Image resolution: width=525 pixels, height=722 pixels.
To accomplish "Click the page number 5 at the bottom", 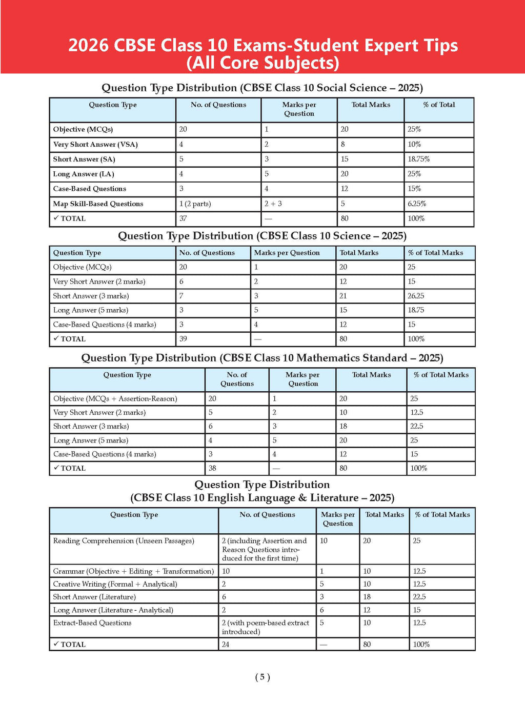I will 262,677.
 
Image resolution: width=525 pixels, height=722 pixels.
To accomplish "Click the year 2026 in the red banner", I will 88,46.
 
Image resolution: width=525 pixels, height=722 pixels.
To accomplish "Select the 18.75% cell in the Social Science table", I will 418,159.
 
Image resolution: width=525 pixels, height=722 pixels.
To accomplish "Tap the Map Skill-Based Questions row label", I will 98,204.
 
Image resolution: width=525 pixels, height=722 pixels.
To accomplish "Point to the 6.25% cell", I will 417,204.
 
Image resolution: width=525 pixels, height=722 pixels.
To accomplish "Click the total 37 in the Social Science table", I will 183,218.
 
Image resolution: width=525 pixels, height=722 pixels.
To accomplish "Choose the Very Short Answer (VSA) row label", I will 95,145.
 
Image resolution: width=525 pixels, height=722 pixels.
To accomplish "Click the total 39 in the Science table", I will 183,339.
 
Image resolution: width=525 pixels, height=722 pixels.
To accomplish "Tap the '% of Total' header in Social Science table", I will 439,105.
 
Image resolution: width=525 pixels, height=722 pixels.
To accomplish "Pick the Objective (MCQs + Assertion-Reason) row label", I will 115,399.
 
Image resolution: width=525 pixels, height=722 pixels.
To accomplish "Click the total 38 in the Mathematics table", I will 212,468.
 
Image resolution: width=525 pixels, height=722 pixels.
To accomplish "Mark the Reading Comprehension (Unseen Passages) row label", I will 124,541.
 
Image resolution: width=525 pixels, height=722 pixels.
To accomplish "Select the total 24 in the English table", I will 226,645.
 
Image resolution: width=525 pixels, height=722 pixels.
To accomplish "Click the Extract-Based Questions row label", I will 92,623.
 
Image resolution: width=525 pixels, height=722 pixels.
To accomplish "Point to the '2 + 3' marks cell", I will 273,204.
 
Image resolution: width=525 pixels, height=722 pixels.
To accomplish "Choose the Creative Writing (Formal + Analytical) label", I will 115,584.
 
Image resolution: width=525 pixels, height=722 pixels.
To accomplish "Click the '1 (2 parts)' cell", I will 195,204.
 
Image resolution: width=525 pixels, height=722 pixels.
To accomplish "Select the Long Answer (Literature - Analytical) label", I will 113,610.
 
